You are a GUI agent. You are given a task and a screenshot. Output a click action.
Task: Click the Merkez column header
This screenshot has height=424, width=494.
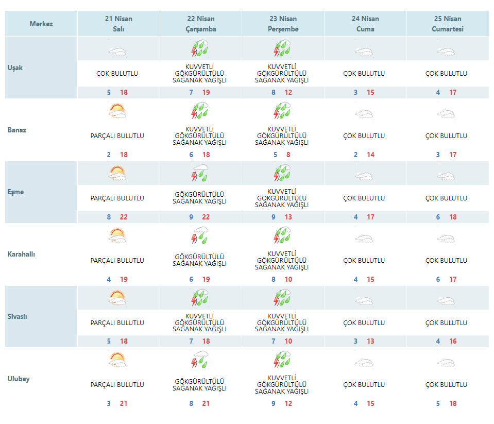click(x=41, y=24)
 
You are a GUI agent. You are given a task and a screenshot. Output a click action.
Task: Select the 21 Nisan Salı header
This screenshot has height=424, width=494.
click(x=118, y=24)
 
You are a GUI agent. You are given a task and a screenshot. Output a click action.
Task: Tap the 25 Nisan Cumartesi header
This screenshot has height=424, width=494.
click(x=448, y=24)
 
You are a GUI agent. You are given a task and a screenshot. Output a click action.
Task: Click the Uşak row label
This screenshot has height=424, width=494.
click(x=15, y=67)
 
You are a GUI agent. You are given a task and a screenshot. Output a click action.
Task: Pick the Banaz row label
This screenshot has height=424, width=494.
click(x=17, y=130)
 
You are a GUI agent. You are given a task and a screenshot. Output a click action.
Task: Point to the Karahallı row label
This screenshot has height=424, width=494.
click(x=21, y=255)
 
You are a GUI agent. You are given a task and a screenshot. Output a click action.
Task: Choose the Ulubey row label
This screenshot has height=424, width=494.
click(x=19, y=379)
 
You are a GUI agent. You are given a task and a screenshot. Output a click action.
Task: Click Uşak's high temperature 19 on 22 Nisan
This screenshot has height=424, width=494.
click(x=206, y=93)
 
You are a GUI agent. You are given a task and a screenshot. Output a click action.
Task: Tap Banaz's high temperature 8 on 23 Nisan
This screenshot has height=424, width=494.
click(x=288, y=155)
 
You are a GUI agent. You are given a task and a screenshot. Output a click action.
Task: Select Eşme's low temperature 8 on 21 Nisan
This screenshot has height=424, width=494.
click(x=109, y=217)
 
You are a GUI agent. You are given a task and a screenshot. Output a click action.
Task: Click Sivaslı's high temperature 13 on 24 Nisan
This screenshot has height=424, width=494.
click(x=371, y=342)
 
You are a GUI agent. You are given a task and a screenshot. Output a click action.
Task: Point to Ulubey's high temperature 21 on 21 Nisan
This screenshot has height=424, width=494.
click(x=124, y=404)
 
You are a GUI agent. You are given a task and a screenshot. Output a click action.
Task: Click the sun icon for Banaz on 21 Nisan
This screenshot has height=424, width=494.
click(x=117, y=111)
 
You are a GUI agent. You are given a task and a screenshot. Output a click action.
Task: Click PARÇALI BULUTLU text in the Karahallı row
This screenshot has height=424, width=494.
click(x=117, y=261)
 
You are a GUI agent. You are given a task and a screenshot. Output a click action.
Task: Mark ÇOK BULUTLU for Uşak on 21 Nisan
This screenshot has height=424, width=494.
click(x=117, y=74)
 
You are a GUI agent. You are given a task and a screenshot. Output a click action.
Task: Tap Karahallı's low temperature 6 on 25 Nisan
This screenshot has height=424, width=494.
click(x=438, y=280)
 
